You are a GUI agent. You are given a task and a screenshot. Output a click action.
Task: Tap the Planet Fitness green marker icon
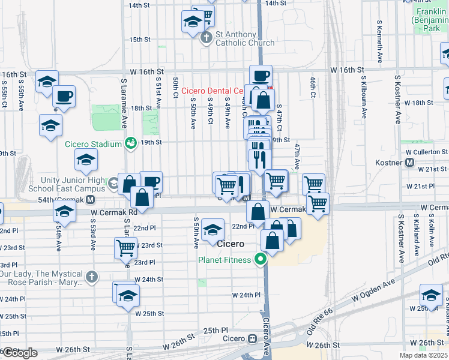[260, 259]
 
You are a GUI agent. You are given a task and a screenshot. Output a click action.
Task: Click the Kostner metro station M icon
[410, 163]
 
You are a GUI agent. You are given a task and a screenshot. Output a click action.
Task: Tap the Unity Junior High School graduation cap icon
[112, 183]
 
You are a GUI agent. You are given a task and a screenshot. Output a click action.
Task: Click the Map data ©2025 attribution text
[423, 355]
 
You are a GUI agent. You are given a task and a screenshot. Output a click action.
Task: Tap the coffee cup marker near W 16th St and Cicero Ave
[261, 76]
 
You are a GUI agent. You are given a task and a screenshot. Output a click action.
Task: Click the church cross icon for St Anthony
[206, 38]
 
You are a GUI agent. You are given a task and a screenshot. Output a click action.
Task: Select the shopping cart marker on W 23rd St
[126, 248]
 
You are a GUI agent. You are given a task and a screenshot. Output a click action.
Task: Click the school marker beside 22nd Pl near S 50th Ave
[212, 229]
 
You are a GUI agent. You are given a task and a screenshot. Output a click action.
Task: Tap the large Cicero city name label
[231, 244]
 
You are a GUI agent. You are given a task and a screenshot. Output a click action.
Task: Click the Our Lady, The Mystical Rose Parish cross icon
[91, 277]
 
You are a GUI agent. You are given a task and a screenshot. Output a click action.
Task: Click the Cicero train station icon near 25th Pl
[253, 339]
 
